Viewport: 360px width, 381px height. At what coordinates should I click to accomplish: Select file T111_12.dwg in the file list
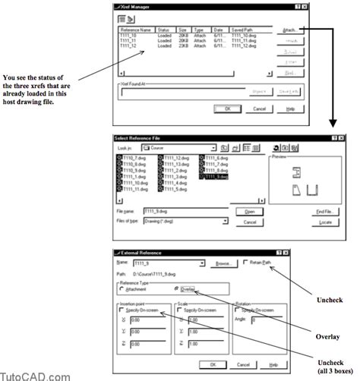pyautogui.click(x=174, y=156)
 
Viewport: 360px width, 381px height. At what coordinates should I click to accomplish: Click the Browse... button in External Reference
pyautogui.click(x=223, y=263)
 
